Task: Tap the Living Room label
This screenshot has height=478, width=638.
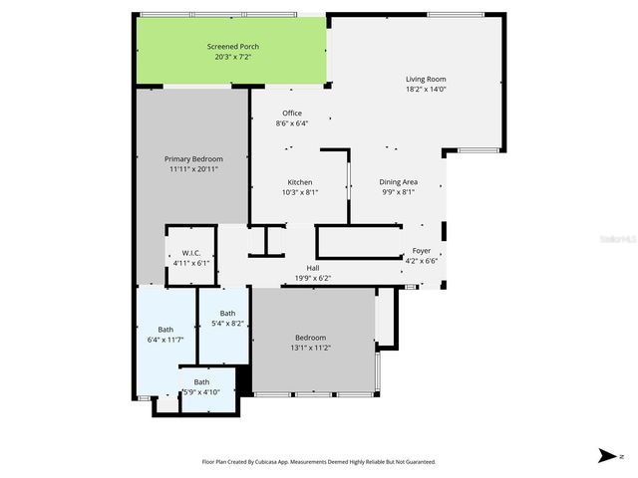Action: [x=425, y=79]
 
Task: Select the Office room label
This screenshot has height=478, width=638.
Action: [x=292, y=114]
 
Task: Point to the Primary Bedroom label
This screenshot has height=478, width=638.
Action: [x=193, y=159]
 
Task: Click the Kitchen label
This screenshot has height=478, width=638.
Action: [x=300, y=182]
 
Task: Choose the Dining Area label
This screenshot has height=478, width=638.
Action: [x=398, y=182]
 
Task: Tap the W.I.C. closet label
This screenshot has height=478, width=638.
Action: [x=190, y=254]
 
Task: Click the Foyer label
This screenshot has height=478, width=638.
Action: [x=423, y=252]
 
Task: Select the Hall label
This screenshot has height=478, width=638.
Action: [x=313, y=268]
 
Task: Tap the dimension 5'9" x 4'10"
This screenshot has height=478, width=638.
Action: [x=202, y=391]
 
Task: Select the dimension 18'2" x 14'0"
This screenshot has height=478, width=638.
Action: [x=425, y=89]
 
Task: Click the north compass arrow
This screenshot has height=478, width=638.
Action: [x=606, y=456]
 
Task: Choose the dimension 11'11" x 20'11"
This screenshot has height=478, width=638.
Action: [x=193, y=169]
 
